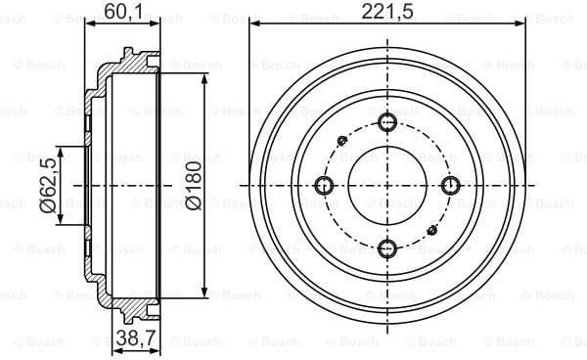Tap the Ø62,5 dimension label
point(47,186)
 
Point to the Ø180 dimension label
point(193,186)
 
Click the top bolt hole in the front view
point(387,122)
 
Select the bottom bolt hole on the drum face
point(387,247)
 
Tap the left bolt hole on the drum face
point(325,186)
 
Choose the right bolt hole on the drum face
point(450,186)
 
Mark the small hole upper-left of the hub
point(342,141)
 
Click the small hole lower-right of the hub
point(431,230)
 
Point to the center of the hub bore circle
point(387,186)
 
